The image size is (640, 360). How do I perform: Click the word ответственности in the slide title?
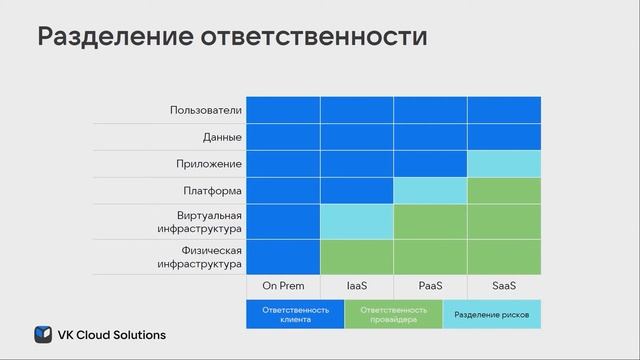click(331, 38)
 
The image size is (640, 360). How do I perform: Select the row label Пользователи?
click(206, 110)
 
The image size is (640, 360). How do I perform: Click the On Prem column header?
click(283, 286)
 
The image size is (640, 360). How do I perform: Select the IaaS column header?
click(357, 286)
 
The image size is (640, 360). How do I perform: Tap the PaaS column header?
click(430, 286)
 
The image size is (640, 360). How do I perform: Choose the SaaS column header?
click(504, 286)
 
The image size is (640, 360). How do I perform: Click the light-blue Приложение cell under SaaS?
click(504, 163)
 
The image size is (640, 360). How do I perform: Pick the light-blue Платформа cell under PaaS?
click(430, 189)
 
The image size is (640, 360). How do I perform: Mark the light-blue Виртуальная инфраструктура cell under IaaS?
click(357, 221)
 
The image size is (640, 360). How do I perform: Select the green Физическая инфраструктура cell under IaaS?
click(357, 257)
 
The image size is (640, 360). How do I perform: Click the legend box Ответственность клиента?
click(295, 315)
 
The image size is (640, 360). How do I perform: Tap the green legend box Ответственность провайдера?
click(393, 315)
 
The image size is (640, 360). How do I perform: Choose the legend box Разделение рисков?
click(491, 315)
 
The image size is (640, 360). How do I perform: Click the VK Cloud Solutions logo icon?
click(43, 334)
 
